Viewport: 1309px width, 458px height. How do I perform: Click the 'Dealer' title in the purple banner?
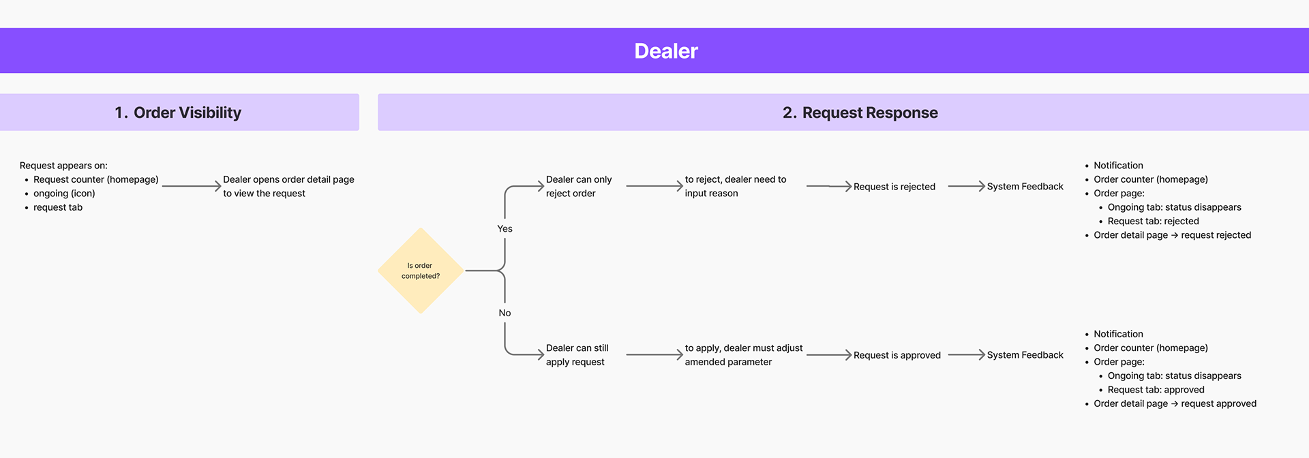(x=665, y=51)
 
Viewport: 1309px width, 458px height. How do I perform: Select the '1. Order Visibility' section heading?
(x=178, y=112)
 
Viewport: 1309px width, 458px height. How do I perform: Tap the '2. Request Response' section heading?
(x=860, y=112)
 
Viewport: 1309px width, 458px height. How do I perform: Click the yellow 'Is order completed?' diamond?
(x=421, y=271)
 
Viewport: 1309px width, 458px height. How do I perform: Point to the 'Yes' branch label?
(x=505, y=229)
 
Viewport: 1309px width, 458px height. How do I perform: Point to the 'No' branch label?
(x=505, y=313)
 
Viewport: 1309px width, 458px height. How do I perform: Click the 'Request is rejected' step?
(x=894, y=187)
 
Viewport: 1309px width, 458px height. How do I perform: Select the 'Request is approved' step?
(x=897, y=355)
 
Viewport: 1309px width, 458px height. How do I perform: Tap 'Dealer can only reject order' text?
(x=578, y=187)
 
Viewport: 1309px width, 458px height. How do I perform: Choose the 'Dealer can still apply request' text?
(x=577, y=355)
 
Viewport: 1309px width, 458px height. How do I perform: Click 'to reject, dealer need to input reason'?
(x=735, y=187)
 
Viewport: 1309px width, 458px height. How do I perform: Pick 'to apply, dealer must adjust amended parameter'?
(x=743, y=355)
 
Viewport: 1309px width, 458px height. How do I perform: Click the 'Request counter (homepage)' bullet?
(x=95, y=180)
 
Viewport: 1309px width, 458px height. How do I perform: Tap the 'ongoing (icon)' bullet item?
(x=64, y=194)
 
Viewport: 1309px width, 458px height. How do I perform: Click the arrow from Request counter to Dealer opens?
(x=191, y=186)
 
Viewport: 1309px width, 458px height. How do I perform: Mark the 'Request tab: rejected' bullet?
(x=1153, y=222)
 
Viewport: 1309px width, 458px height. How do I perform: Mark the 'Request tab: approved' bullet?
(x=1156, y=390)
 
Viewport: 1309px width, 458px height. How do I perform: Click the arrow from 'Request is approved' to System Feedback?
(x=966, y=355)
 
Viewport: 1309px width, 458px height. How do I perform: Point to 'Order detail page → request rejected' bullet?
(x=1172, y=235)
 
